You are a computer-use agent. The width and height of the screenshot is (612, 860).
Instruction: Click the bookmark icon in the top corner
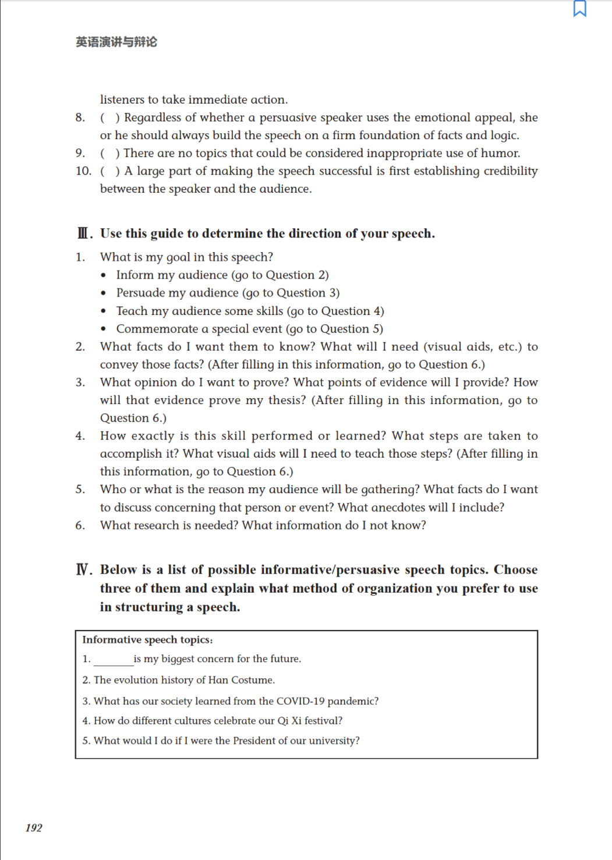tap(579, 9)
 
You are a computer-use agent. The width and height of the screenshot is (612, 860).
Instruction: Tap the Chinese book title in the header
tap(116, 42)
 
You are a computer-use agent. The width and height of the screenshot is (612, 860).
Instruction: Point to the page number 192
tap(34, 827)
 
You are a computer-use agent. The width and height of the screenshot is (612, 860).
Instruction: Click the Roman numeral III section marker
tap(84, 233)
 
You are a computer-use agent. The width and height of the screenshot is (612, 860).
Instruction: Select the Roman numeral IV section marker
tap(84, 569)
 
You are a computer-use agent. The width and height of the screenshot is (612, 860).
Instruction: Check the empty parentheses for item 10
tap(110, 171)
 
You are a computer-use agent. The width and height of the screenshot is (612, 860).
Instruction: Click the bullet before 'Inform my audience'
tap(104, 275)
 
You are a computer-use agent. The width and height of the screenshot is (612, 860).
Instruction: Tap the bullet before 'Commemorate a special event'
tap(104, 330)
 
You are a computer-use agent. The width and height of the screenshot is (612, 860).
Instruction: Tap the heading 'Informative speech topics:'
tap(147, 639)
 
